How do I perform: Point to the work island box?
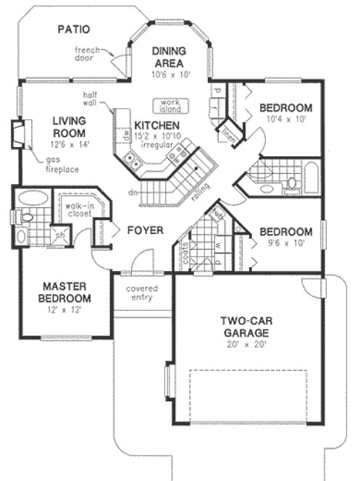coord(169,104)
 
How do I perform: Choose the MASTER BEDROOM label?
coord(65,292)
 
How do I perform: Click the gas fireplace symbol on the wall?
coord(19,135)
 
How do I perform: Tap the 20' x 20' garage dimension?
coord(246,345)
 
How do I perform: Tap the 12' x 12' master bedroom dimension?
coord(65,310)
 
